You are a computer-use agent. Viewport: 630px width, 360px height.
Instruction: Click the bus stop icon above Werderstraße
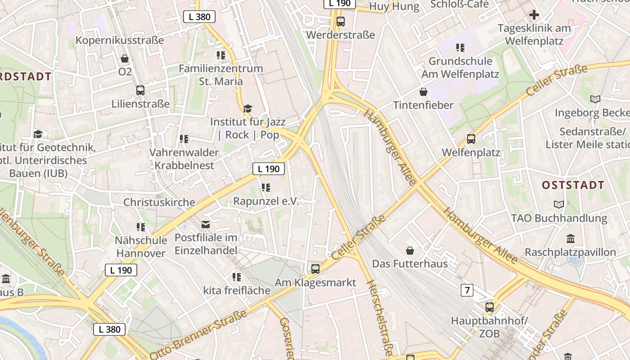(x=341, y=21)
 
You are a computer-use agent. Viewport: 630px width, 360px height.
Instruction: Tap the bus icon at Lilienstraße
(x=140, y=90)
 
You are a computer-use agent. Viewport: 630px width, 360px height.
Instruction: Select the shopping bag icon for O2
(x=125, y=58)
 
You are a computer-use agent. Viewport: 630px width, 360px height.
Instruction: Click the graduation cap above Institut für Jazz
(x=247, y=108)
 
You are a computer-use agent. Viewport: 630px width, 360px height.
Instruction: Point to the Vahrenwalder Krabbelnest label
(x=184, y=159)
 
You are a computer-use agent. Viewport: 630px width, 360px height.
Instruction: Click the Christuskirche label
(x=159, y=202)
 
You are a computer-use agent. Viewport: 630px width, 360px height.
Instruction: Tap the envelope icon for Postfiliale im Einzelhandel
(x=206, y=224)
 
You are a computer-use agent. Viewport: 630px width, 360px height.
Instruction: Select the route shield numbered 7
(x=467, y=290)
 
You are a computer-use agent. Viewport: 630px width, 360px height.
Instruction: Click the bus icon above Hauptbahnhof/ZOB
(x=490, y=307)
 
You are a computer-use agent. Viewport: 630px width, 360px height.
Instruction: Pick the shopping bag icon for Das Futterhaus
(x=410, y=250)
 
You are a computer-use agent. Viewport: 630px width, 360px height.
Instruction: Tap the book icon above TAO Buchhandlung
(x=559, y=205)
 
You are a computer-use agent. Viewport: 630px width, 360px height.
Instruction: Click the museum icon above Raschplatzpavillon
(x=571, y=238)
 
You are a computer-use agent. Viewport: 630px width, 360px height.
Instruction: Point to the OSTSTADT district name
(x=573, y=185)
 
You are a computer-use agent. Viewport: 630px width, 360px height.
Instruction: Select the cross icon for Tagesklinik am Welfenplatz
(x=534, y=15)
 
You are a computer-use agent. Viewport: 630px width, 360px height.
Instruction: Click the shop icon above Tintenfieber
(x=423, y=92)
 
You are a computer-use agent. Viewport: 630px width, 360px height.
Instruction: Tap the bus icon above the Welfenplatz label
(x=471, y=139)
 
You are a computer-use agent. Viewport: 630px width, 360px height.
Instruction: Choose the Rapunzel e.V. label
(x=266, y=201)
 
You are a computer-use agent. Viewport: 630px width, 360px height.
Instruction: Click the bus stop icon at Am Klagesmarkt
(x=315, y=269)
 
